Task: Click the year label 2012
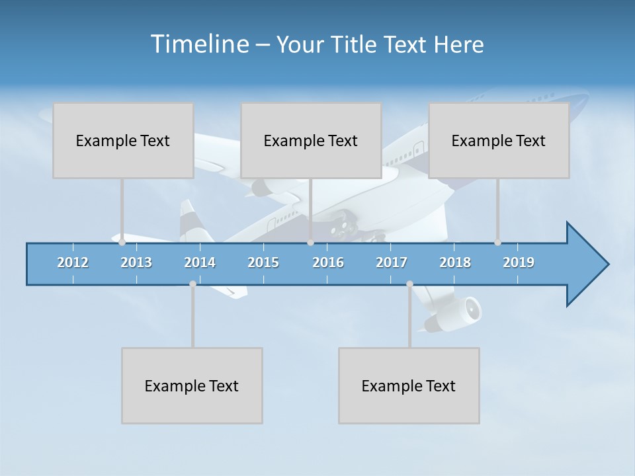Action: [x=73, y=262]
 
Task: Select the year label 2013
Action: [x=136, y=262]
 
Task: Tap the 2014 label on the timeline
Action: [x=200, y=262]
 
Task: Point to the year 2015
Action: [x=263, y=262]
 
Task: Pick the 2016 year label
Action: [x=328, y=262]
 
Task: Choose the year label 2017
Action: [x=392, y=262]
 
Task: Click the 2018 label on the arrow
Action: [x=455, y=262]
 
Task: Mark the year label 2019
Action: [x=519, y=262]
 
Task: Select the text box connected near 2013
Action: [x=123, y=140]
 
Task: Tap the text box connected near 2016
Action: [x=311, y=140]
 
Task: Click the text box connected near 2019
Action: [x=499, y=140]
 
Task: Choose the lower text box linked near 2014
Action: [x=192, y=385]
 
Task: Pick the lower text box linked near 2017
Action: [x=409, y=385]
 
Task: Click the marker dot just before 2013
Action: [x=122, y=243]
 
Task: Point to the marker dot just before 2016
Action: [x=310, y=243]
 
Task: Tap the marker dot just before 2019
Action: [x=497, y=243]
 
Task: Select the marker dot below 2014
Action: [x=192, y=284]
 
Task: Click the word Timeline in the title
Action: [x=198, y=44]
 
